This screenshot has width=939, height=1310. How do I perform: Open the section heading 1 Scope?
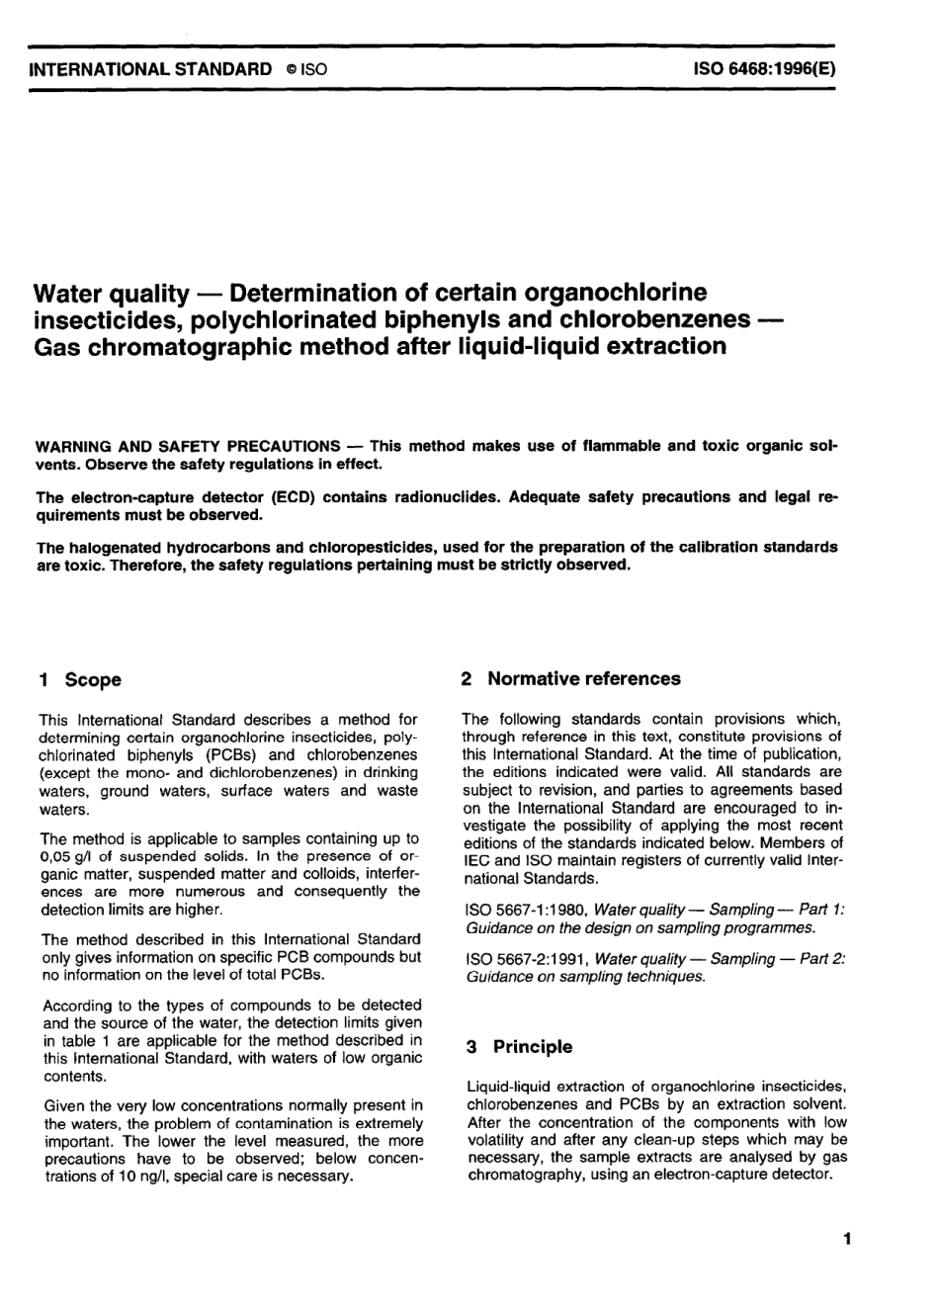pos(79,679)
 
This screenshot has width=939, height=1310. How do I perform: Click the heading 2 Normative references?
pos(571,678)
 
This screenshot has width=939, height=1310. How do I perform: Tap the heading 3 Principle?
pos(520,1046)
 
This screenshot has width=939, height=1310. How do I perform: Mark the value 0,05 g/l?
pos(68,856)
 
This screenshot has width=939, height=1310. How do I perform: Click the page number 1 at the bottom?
pos(846,1238)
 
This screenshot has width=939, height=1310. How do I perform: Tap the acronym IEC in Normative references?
pos(476,860)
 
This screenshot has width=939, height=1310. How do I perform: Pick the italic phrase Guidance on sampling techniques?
pos(585,977)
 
